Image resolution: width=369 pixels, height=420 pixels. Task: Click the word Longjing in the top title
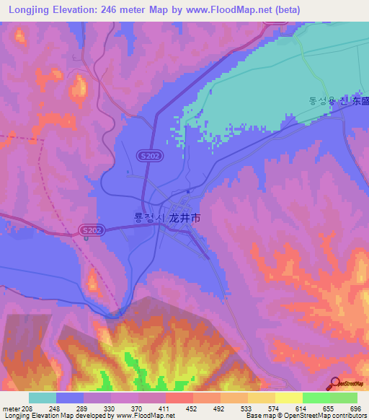[30, 10]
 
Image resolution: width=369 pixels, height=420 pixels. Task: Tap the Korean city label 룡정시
[150, 216]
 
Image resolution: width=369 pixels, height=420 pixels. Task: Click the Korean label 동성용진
[329, 102]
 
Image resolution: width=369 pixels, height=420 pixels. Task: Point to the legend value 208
[27, 408]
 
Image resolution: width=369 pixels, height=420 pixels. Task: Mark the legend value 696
[354, 408]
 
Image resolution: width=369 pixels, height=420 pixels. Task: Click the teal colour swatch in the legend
[43, 398]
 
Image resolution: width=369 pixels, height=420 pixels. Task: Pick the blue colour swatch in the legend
[70, 398]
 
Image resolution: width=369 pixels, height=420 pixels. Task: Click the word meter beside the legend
[11, 408]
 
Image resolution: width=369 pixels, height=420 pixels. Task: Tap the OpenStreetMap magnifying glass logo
[334, 383]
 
